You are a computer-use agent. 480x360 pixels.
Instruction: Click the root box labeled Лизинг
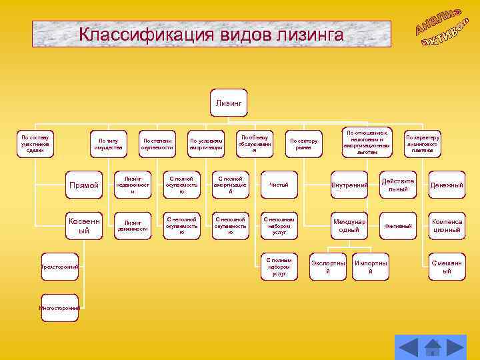pyautogui.click(x=229, y=104)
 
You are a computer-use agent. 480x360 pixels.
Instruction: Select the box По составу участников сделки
pyautogui.click(x=35, y=143)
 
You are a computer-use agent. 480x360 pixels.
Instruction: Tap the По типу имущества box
pyautogui.click(x=108, y=143)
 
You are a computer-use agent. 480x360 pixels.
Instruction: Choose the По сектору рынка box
pyautogui.click(x=303, y=143)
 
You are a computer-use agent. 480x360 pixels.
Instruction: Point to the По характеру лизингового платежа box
pyautogui.click(x=422, y=143)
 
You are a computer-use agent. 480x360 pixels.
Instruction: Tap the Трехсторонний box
pyautogui.click(x=59, y=267)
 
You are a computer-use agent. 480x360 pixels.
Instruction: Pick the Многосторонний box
pyautogui.click(x=59, y=308)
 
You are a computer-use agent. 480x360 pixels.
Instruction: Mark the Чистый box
pyautogui.click(x=279, y=185)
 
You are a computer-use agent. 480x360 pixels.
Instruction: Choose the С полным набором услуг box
pyautogui.click(x=279, y=267)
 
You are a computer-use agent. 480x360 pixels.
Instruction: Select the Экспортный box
pyautogui.click(x=328, y=267)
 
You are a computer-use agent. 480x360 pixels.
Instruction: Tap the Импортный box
pyautogui.click(x=371, y=267)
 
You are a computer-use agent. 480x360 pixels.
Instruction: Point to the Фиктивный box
pyautogui.click(x=397, y=226)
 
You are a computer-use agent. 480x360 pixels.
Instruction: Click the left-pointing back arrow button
pyautogui.click(x=408, y=347)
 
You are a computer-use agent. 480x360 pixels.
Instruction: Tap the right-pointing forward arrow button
pyautogui.click(x=455, y=347)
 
